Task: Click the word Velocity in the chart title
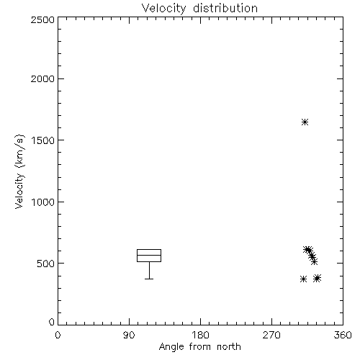163,9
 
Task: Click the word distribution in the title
225,8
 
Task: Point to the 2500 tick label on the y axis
42,19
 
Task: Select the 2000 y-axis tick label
42,78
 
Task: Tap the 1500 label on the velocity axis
43,140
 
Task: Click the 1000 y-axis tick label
43,202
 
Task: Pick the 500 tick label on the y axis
46,264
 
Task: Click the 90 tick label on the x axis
129,335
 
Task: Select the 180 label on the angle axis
200,335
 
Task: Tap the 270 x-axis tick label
271,335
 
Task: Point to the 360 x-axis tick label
343,335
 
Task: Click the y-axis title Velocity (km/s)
19,171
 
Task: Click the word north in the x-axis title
229,347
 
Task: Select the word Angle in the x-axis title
171,347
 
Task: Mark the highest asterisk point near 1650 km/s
305,122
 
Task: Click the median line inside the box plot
149,255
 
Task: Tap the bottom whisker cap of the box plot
149,279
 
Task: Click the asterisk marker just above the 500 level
314,261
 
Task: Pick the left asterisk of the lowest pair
303,279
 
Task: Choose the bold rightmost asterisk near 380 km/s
317,278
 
